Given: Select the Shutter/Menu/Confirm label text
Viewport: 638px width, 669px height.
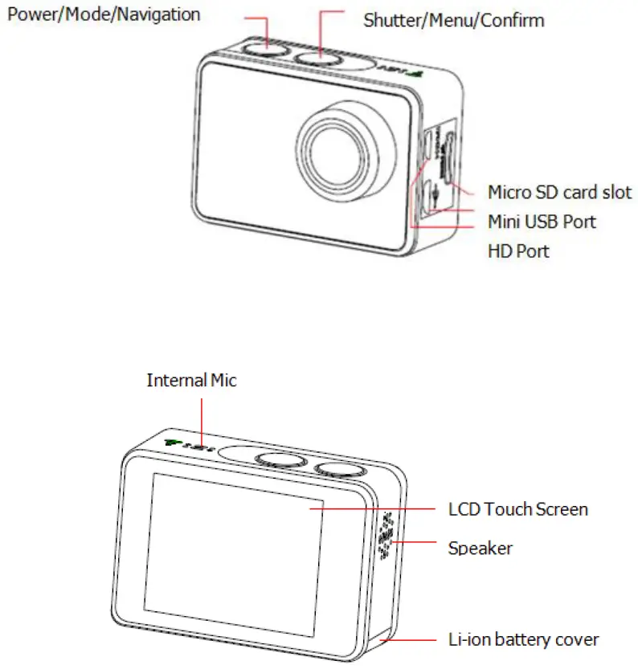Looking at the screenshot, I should (453, 20).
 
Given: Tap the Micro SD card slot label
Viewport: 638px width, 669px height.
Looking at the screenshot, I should (559, 193).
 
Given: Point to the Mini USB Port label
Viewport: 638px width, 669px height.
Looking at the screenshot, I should (542, 221).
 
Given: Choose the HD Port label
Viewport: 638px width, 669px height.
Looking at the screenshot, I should (518, 251).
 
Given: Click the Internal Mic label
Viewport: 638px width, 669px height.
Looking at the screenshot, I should (191, 381).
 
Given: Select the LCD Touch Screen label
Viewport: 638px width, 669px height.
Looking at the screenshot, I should (517, 509).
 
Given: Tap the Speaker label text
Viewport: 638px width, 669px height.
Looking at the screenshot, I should (480, 548).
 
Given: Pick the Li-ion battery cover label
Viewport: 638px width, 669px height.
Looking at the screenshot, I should (522, 639).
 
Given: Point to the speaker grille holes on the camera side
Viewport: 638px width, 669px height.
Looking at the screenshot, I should (386, 534).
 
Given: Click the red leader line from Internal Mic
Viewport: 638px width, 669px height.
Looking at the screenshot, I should (202, 418).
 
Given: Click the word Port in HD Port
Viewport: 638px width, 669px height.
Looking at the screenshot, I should (532, 251).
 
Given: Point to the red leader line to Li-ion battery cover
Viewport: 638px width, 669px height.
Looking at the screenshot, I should (414, 640).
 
